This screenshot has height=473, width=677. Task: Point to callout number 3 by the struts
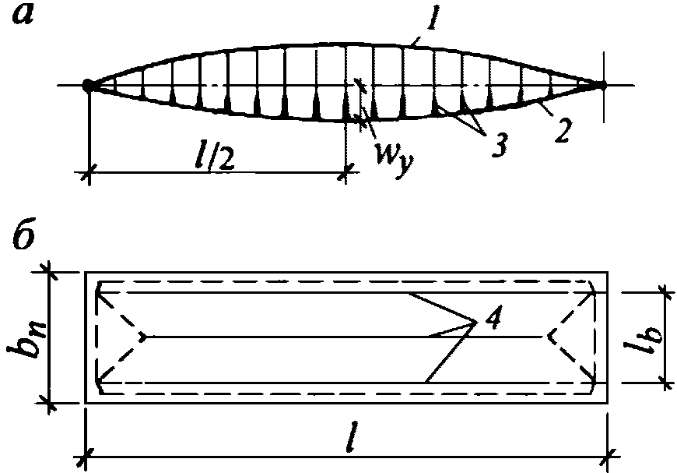click(493, 144)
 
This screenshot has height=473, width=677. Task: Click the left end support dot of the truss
click(89, 85)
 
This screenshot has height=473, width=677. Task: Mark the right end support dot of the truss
click(602, 85)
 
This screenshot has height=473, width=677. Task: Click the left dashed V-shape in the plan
click(121, 337)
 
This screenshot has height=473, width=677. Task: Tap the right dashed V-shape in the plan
click(571, 337)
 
